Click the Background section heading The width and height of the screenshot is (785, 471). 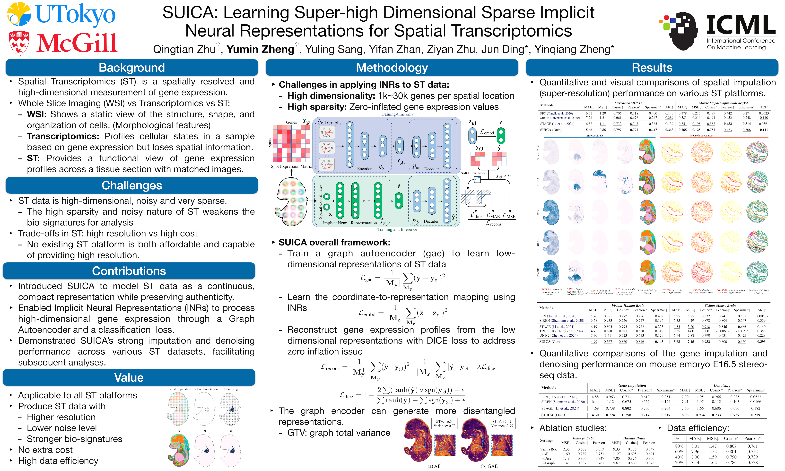[x=132, y=68]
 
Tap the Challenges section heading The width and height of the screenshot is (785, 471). [x=132, y=185]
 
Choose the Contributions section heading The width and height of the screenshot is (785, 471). [x=129, y=271]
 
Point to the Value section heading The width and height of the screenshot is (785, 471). [x=129, y=378]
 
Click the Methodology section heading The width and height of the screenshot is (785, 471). [x=392, y=68]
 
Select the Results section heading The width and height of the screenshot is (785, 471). [x=652, y=68]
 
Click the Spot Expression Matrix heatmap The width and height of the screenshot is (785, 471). [x=291, y=143]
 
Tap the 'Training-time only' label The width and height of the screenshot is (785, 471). [x=397, y=114]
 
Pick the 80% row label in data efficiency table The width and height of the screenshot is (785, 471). [x=679, y=446]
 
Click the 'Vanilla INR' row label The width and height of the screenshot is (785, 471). [x=548, y=449]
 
